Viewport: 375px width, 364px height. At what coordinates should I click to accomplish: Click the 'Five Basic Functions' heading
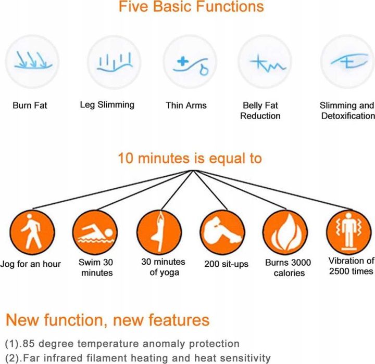click(x=191, y=6)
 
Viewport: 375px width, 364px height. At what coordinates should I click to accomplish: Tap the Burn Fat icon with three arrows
click(x=32, y=61)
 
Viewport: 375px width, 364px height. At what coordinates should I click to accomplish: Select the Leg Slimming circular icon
click(x=114, y=62)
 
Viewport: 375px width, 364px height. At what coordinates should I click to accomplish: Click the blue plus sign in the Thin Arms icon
click(x=183, y=61)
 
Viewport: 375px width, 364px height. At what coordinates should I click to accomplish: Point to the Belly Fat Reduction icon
click(x=265, y=61)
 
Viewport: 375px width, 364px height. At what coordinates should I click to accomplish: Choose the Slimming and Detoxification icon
click(x=348, y=61)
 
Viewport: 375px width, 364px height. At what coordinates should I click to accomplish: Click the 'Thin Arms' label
click(x=186, y=106)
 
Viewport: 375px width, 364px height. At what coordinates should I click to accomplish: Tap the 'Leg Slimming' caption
click(x=107, y=105)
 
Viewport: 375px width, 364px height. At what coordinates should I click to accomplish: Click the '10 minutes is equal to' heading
click(x=190, y=159)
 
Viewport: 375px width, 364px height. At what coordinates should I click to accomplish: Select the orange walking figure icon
click(x=32, y=232)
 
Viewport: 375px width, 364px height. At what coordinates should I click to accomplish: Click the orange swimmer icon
click(x=95, y=232)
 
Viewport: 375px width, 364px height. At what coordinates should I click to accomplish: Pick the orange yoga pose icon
click(x=159, y=232)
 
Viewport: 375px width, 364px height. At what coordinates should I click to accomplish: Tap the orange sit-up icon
click(x=222, y=232)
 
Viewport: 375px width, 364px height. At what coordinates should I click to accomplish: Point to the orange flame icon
click(x=285, y=232)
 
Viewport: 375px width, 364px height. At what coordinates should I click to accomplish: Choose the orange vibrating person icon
click(x=349, y=232)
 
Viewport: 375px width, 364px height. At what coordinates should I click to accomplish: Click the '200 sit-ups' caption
click(x=226, y=264)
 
